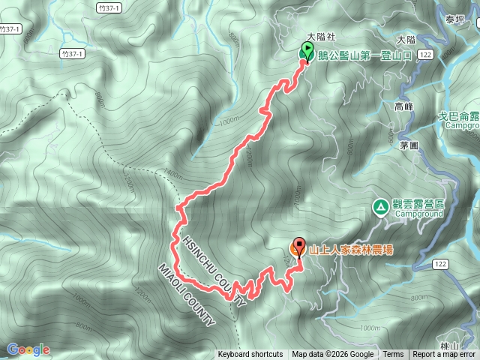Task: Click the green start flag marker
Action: click(307, 52)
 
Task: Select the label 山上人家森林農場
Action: click(350, 250)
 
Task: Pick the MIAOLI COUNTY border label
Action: click(186, 295)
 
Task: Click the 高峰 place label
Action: click(403, 107)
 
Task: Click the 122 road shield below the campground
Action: click(441, 264)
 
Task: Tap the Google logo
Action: click(28, 349)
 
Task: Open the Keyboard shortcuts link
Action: click(250, 355)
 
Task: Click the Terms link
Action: click(393, 355)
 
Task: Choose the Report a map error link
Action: click(444, 355)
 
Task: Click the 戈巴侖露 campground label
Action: click(459, 117)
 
